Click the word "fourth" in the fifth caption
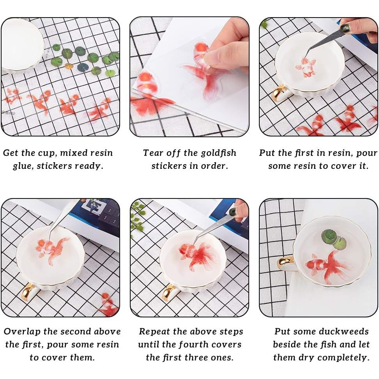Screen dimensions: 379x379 (x=193, y=344)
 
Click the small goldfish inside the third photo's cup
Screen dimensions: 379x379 (x=306, y=67)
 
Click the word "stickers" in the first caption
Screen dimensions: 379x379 (x=54, y=166)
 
